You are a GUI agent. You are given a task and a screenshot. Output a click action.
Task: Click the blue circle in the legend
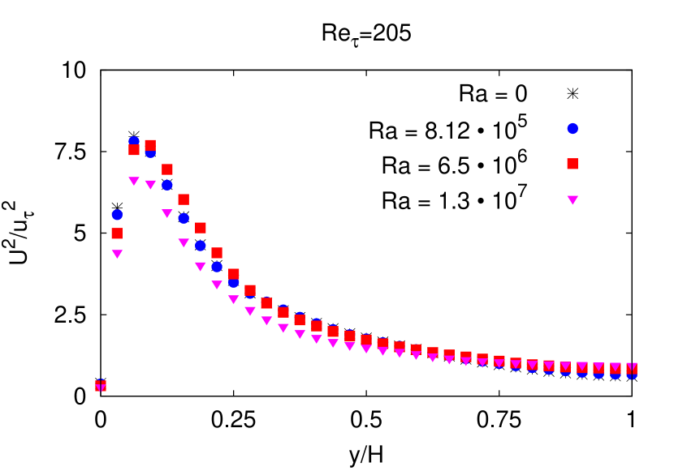(x=572, y=128)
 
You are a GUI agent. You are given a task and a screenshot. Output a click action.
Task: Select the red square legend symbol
(x=572, y=164)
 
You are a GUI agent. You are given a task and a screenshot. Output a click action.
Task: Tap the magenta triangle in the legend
(x=572, y=199)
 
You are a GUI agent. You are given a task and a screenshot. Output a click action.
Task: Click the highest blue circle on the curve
(x=134, y=141)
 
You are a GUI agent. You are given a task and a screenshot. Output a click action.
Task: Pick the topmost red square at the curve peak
(x=150, y=145)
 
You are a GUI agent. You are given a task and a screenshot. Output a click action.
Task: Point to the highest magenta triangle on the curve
(x=134, y=181)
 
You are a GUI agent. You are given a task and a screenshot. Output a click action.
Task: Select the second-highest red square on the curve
(x=134, y=150)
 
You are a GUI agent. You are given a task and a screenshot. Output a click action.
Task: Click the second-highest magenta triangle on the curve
(x=150, y=184)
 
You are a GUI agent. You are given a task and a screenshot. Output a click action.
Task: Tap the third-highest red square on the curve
(x=167, y=169)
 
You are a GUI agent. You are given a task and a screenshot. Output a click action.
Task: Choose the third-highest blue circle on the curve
(x=167, y=185)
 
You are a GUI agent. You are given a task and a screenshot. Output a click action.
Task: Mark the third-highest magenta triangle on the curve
(x=167, y=213)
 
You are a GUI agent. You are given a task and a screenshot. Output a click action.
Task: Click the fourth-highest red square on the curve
(x=184, y=199)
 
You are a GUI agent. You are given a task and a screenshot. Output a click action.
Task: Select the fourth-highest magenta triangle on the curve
(x=184, y=242)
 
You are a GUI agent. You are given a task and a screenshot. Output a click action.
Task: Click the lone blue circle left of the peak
(x=117, y=215)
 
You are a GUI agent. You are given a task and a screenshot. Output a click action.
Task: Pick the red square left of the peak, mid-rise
(x=117, y=233)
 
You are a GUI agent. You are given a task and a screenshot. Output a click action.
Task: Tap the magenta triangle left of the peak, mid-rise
(x=117, y=254)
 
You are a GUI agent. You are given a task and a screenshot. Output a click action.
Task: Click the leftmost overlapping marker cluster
(x=101, y=386)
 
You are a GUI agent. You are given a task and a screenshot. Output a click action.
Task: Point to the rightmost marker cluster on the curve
(x=632, y=370)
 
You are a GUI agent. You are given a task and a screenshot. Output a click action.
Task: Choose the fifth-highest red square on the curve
(x=201, y=228)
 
